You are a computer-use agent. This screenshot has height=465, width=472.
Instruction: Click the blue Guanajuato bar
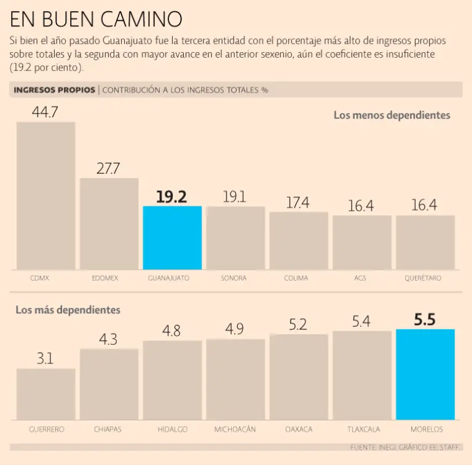(172, 238)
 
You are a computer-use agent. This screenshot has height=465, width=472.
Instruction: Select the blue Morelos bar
(425, 374)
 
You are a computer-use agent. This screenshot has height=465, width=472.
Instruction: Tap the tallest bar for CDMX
(46, 195)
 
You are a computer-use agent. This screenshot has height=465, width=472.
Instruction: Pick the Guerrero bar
(46, 394)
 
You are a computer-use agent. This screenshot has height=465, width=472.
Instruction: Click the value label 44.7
(45, 112)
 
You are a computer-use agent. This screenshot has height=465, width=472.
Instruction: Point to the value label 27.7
(108, 168)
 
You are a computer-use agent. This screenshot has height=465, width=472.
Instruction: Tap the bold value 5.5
(425, 319)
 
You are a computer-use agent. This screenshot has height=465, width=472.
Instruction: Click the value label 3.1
(45, 359)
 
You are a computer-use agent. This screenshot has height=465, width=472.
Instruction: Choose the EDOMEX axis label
(109, 278)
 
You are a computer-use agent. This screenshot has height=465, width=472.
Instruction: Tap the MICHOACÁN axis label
(235, 429)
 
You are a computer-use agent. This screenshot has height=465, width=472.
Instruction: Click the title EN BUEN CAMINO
(96, 20)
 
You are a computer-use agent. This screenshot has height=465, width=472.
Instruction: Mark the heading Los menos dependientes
(391, 115)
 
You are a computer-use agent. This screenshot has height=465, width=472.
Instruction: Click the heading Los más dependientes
(68, 310)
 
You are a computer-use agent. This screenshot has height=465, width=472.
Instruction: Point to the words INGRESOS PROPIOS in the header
(54, 90)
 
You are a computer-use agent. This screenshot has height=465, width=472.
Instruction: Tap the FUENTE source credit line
(404, 447)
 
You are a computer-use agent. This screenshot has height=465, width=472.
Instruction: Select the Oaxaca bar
(299, 377)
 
